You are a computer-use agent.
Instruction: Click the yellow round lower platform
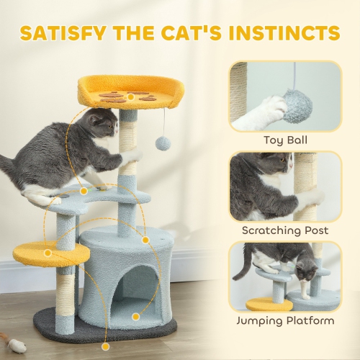(50, 252)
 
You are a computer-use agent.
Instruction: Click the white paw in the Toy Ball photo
(262, 112)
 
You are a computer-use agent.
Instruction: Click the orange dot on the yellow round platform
(48, 253)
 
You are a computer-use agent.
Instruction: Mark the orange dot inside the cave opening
(135, 315)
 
